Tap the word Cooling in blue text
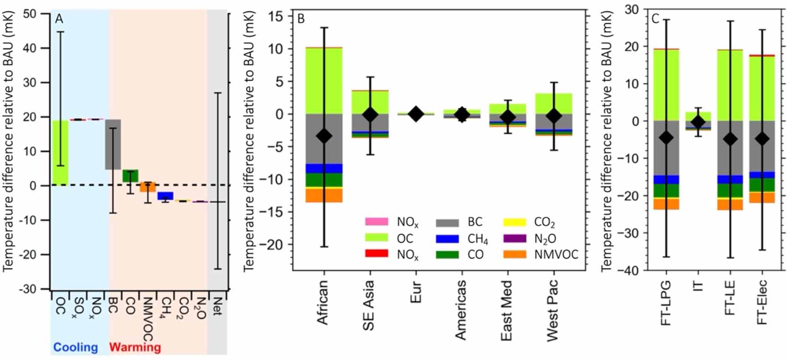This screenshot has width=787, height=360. (76, 347)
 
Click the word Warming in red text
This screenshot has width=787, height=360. (135, 347)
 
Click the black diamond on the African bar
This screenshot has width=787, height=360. (324, 136)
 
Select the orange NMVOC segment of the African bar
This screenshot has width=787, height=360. (324, 195)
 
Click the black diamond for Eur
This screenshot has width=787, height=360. (416, 114)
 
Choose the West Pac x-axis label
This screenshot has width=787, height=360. (552, 310)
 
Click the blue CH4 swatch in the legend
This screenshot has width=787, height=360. (447, 238)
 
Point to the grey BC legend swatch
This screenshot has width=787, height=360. (447, 222)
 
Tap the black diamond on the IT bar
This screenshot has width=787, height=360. (698, 122)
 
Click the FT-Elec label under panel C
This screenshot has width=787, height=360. (761, 302)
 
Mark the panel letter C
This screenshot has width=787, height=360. (655, 19)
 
